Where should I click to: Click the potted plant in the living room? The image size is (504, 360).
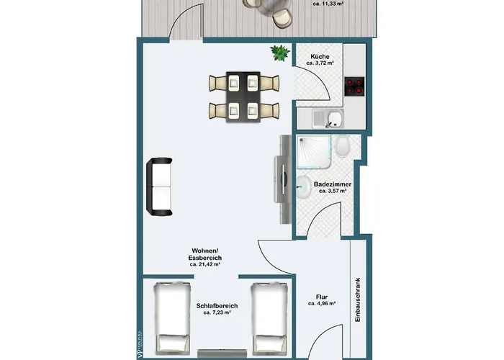point(278,53)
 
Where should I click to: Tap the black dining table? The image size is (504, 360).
point(243,96)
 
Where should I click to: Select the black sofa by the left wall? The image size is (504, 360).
point(159,186)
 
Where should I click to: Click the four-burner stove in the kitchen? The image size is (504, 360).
point(355,86)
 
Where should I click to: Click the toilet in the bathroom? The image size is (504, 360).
point(344,148)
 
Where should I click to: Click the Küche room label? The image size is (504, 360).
point(320,57)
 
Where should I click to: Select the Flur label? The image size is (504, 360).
point(322,297)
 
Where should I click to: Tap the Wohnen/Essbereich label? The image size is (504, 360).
point(204,254)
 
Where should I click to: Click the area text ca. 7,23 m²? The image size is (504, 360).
point(217,313)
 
